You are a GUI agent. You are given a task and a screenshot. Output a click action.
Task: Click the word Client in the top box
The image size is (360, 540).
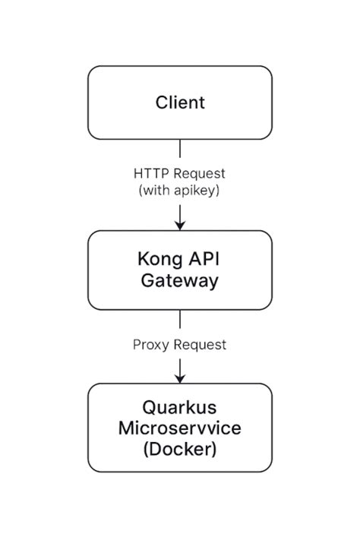tap(180, 103)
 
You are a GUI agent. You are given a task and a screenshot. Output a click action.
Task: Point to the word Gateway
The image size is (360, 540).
tap(180, 281)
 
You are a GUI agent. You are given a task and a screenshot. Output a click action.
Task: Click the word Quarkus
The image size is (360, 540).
tap(180, 406)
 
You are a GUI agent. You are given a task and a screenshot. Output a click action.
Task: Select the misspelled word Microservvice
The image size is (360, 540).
tap(180, 428)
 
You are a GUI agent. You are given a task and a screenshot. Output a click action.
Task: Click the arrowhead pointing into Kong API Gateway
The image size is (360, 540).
tap(180, 224)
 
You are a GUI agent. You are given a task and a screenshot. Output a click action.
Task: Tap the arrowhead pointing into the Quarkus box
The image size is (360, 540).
tap(180, 377)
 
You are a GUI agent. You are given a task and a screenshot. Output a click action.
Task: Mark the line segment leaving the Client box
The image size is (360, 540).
tap(180, 150)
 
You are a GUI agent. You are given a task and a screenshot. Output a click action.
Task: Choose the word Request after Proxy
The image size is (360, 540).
tap(201, 344)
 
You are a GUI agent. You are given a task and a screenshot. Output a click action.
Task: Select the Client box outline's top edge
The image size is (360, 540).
tap(180, 66)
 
